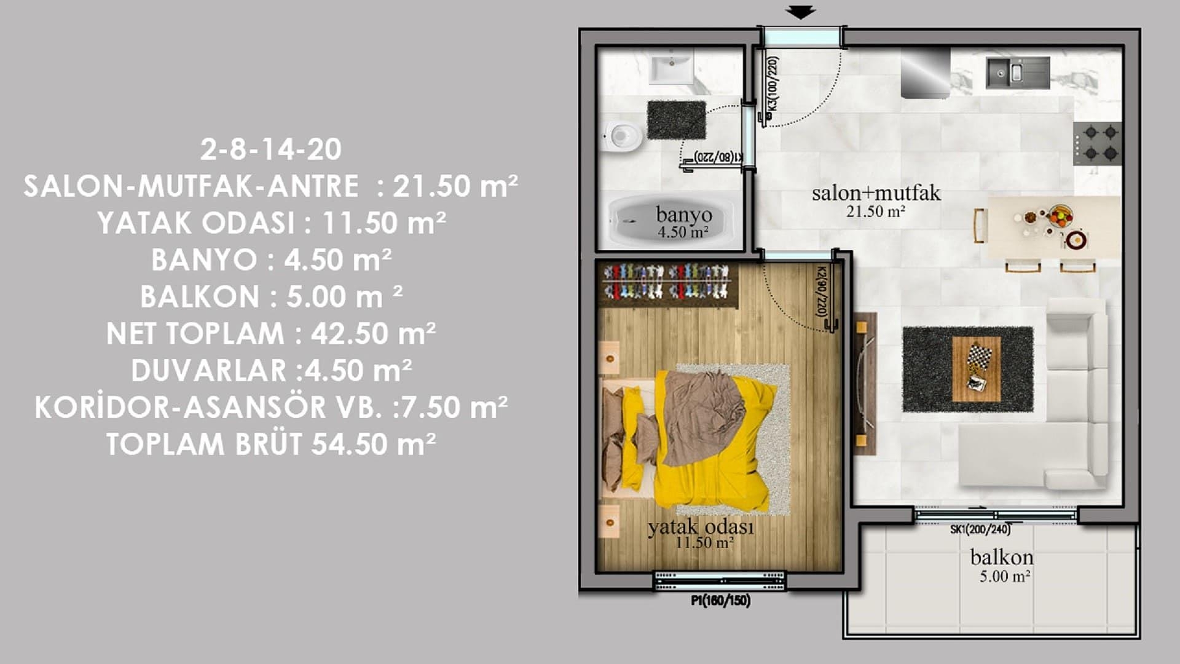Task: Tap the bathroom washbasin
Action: coord(672,68)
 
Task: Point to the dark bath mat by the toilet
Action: coord(676,121)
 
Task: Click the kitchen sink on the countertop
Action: coord(1018,73)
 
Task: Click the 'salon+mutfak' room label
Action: coord(876,193)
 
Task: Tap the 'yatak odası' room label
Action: coord(701,527)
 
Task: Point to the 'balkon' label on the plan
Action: coord(1002,557)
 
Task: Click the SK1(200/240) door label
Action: coord(980,529)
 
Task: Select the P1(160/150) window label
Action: coord(720,600)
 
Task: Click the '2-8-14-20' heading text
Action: coord(271,149)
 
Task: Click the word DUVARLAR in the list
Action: coord(208,371)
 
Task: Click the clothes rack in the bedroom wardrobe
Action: coord(667,282)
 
